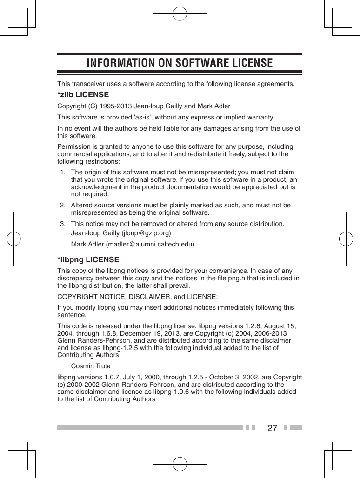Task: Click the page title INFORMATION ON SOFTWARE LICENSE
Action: point(180,63)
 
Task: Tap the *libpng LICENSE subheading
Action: point(88,259)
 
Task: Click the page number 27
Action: point(273,428)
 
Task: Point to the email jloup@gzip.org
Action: point(146,233)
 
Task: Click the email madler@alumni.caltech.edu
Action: point(150,244)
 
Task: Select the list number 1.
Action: point(62,173)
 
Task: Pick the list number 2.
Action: point(62,205)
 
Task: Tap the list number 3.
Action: point(62,224)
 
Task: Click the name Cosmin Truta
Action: point(91,366)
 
